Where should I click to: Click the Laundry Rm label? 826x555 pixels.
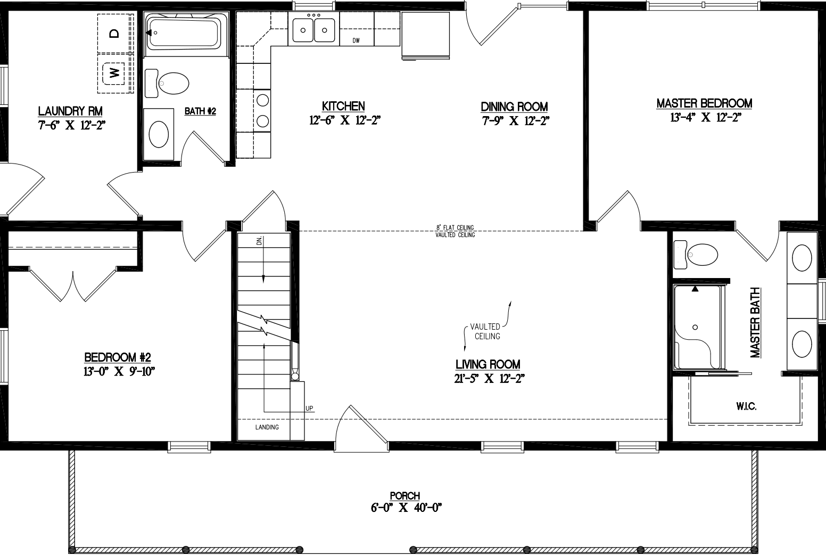(70, 111)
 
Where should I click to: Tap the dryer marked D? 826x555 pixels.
(114, 33)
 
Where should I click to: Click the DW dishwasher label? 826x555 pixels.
(356, 40)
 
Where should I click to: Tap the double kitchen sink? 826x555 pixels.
(313, 29)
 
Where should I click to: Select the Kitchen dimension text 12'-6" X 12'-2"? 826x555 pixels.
(344, 120)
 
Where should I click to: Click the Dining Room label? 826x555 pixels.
(514, 107)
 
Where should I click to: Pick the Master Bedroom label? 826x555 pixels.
(704, 103)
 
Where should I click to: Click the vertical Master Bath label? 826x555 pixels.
(755, 323)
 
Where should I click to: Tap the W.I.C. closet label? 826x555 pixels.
(746, 406)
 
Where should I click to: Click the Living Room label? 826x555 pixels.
(488, 364)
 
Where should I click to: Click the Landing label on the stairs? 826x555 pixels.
(267, 427)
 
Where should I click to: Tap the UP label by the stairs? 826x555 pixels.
(309, 409)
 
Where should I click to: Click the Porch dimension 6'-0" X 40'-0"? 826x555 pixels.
(407, 508)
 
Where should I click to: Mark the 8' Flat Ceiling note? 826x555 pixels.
(455, 228)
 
